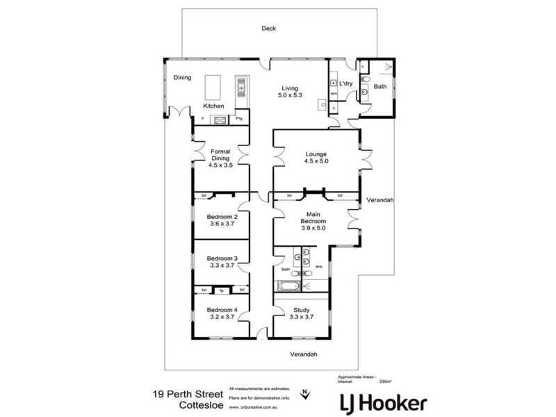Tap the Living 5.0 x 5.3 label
pyautogui.click(x=289, y=92)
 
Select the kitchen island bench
pyautogui.click(x=212, y=88)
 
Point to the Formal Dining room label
pyautogui.click(x=220, y=158)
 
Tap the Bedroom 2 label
pyautogui.click(x=222, y=220)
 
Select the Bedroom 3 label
pyautogui.click(x=222, y=261)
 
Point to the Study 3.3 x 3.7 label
pyautogui.click(x=302, y=314)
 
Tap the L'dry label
pyautogui.click(x=346, y=84)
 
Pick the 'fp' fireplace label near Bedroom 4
pyautogui.click(x=222, y=289)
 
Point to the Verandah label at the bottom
pyautogui.click(x=304, y=354)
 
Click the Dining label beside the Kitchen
pyautogui.click(x=182, y=78)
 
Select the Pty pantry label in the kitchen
pyautogui.click(x=239, y=120)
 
